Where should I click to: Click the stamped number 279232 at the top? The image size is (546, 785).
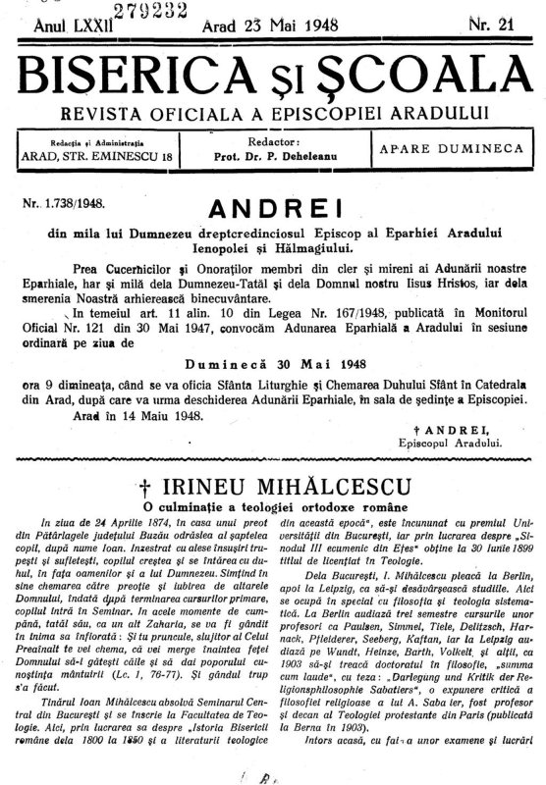(134, 11)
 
